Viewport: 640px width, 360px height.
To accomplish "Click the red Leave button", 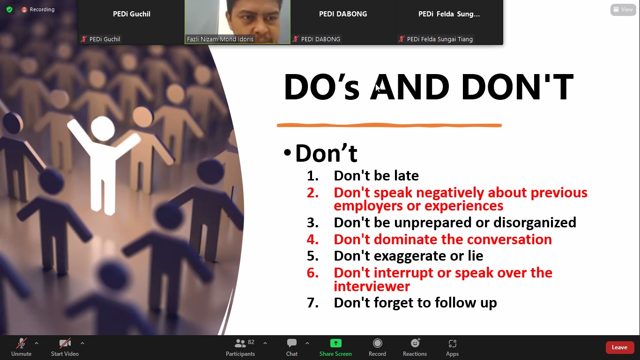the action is point(619,347).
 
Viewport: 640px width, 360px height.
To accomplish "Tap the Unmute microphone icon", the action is point(21,343).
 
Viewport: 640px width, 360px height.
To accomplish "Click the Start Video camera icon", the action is point(65,343).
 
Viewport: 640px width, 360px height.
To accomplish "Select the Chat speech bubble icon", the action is point(292,343).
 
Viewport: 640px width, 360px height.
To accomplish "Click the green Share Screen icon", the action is point(336,343).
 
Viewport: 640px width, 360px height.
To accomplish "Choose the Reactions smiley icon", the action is point(415,343).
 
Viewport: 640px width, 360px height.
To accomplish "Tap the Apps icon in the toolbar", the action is point(452,343).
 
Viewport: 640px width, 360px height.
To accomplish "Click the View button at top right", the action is point(623,9).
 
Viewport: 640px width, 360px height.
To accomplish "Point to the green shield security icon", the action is point(9,9).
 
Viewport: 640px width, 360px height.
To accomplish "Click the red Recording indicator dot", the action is point(24,10).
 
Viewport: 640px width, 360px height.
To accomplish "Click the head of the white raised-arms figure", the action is point(103,128).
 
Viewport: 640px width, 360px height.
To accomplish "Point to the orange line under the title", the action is point(389,125).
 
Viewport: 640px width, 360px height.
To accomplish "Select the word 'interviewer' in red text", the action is point(372,286).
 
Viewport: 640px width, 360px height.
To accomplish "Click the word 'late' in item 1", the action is point(406,176).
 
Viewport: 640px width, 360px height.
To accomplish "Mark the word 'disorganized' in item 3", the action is point(535,223).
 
